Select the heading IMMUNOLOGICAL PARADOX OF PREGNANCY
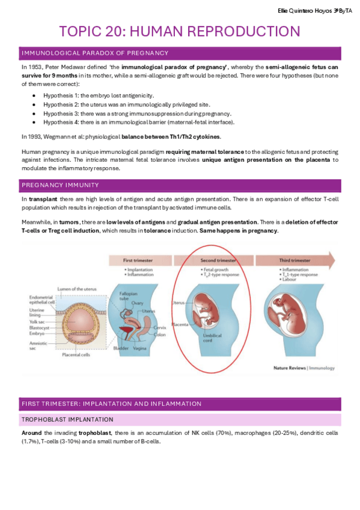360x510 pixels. tap(95, 54)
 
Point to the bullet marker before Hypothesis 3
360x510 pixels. tap(36, 114)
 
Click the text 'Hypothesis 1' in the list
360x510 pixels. tap(59, 96)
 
